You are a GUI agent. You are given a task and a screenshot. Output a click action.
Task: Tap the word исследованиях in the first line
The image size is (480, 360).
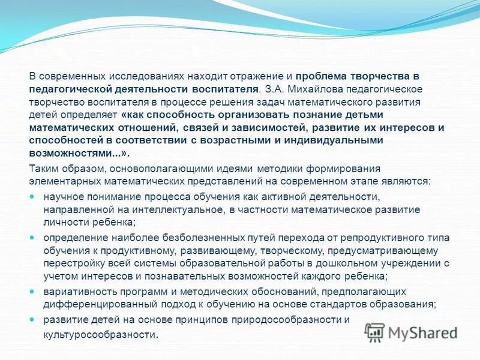point(139,77)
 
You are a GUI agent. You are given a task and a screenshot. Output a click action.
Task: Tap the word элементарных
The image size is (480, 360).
point(59,181)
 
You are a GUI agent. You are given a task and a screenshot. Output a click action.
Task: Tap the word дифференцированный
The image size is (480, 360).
point(94,304)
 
